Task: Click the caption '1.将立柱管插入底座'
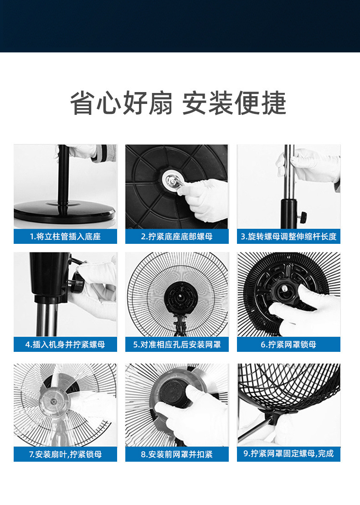tap(65, 237)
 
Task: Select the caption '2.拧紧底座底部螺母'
tap(177, 237)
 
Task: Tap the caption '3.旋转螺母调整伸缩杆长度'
tap(288, 237)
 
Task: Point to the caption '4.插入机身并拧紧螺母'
tap(65, 344)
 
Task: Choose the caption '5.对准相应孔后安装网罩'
tap(177, 344)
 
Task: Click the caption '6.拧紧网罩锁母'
tap(288, 344)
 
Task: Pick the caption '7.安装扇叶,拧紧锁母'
tap(65, 454)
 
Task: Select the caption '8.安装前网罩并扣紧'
tap(177, 454)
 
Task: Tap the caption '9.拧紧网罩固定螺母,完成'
tap(288, 453)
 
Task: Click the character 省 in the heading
tap(83, 103)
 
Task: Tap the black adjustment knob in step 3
tap(302, 216)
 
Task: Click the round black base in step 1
tap(64, 211)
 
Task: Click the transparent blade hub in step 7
tap(53, 401)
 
